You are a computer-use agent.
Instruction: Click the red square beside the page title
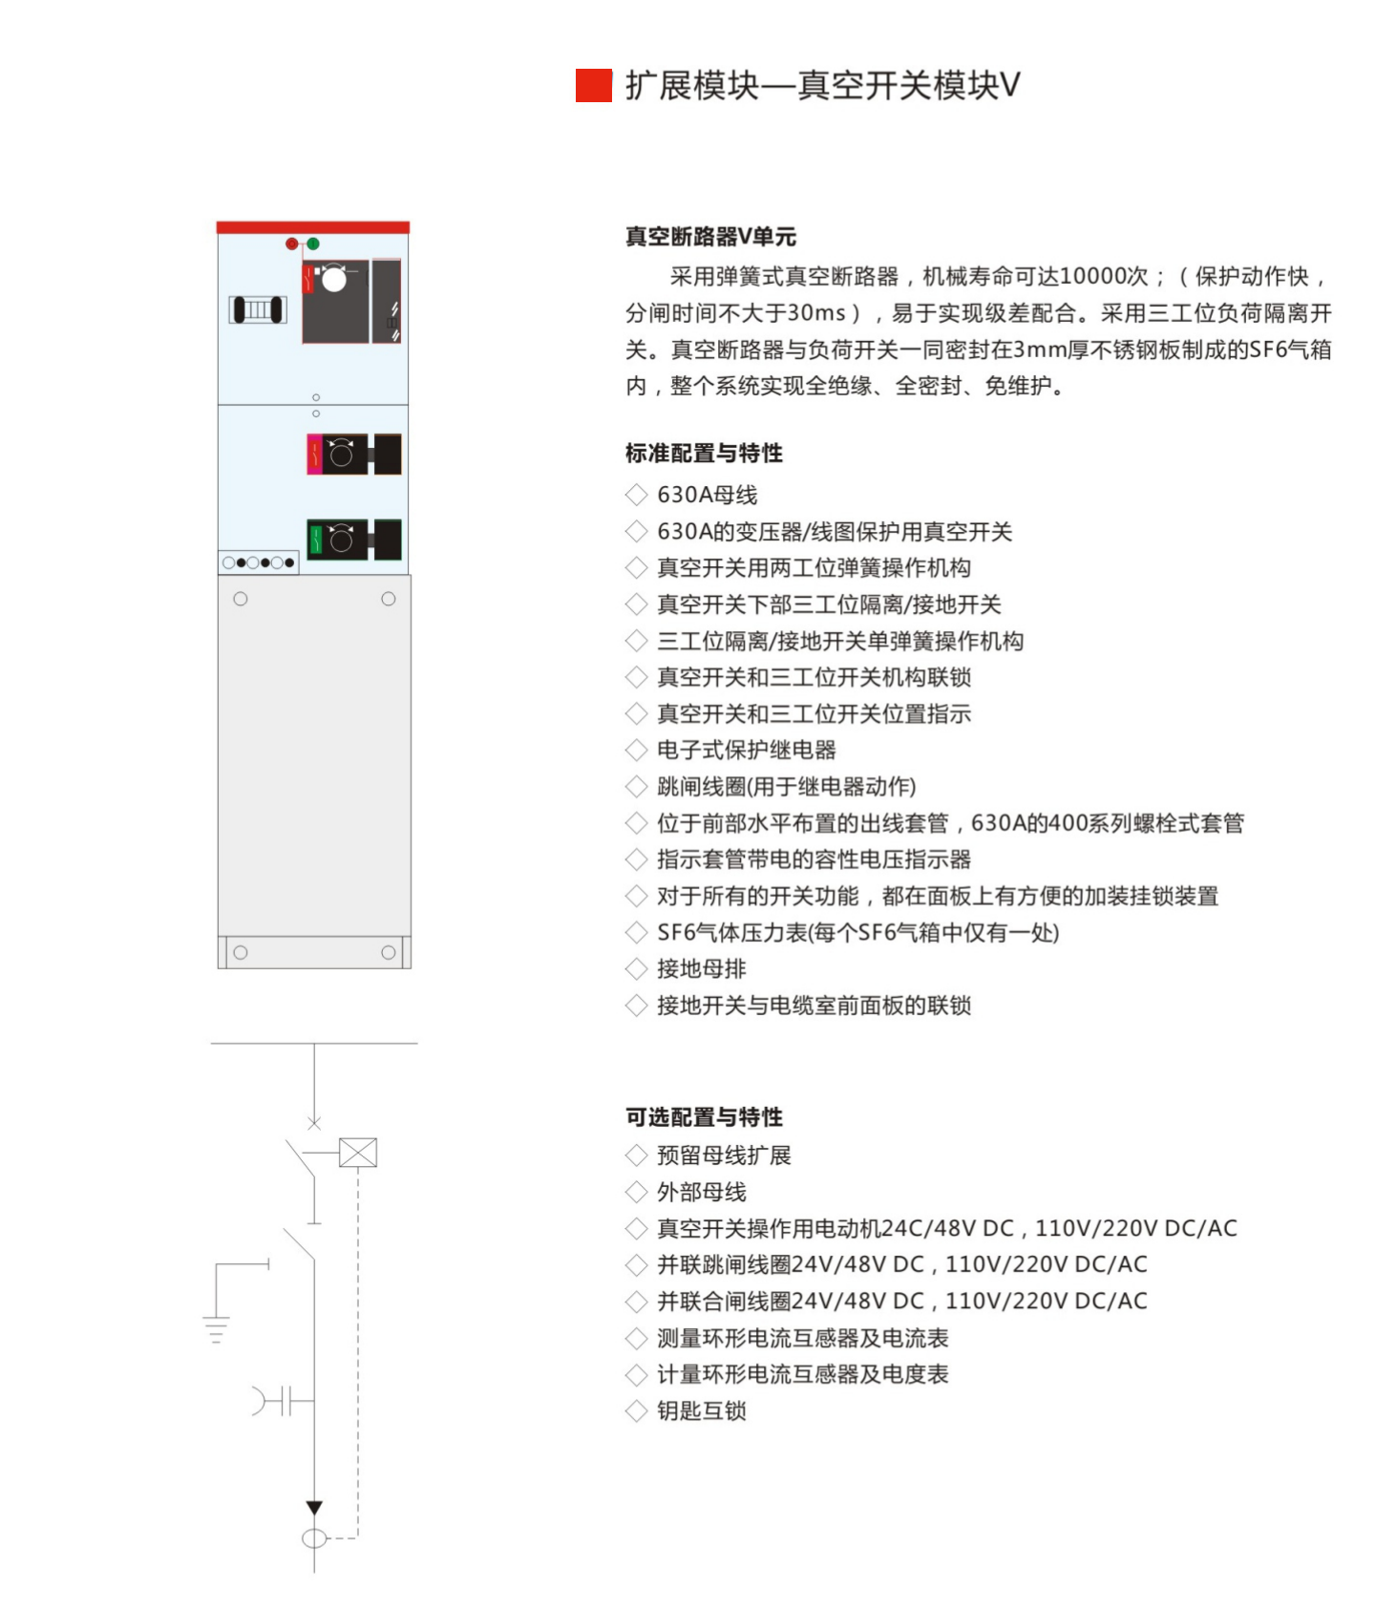tap(593, 85)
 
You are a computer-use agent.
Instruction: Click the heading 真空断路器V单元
tap(710, 236)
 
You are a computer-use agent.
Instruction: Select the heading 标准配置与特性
tap(704, 453)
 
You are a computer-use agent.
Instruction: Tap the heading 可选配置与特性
tap(704, 1116)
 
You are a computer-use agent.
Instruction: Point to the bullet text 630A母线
tap(707, 495)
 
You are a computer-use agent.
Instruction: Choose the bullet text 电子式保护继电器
tap(747, 750)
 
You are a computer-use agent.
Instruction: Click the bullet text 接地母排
tap(702, 968)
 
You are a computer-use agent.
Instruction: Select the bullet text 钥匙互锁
tap(702, 1410)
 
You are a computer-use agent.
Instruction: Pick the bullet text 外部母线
tap(702, 1192)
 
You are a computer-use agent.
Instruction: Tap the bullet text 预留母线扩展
tap(724, 1155)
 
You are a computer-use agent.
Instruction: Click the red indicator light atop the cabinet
tap(292, 244)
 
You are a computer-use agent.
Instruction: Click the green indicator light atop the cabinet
tap(313, 244)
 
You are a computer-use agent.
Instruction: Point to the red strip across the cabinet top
tap(313, 227)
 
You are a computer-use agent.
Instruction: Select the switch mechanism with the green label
tap(353, 540)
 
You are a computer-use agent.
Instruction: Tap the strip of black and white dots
tap(259, 562)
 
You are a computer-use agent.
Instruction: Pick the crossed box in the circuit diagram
tap(358, 1153)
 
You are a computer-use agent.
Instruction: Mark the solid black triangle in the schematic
tap(314, 1508)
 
